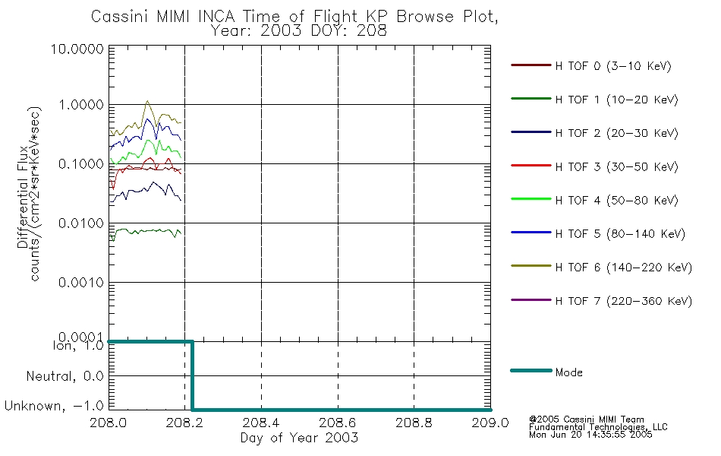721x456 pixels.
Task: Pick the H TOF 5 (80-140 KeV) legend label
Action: point(620,234)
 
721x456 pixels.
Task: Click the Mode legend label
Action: point(568,372)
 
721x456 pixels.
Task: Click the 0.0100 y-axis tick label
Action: point(81,223)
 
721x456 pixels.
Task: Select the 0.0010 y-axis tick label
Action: point(81,283)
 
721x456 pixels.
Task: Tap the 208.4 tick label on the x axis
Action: point(261,423)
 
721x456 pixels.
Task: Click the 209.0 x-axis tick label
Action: point(490,423)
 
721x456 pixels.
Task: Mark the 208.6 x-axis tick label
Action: point(338,423)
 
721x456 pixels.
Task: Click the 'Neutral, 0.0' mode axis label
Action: point(65,377)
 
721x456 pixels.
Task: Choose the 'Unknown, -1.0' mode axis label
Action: point(54,407)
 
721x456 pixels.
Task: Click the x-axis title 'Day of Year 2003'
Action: point(299,438)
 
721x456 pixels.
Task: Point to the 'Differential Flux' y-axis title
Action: point(23,198)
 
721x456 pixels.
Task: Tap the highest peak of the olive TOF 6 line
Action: point(147,101)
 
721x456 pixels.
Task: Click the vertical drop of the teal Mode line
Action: point(192,375)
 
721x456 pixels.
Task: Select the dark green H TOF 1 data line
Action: point(146,231)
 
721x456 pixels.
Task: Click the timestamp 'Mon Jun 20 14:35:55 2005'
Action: point(590,435)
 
